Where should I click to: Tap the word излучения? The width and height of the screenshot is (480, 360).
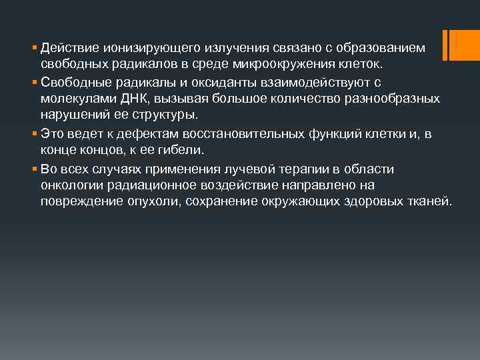click(211, 49)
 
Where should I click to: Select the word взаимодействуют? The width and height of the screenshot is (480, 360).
click(299, 82)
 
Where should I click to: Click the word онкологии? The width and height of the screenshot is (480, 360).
click(68, 184)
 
